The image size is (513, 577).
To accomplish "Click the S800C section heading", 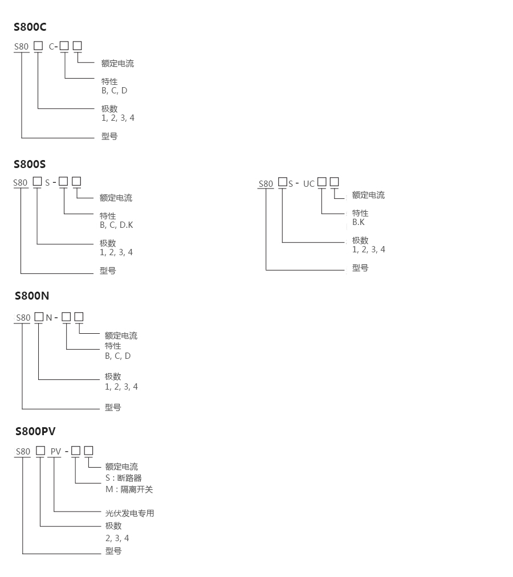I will point(30,27).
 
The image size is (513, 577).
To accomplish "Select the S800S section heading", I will point(30,164).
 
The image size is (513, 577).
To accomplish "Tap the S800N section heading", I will point(32,296).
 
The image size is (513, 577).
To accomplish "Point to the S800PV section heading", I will point(35,431).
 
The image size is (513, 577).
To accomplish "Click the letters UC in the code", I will point(308,183).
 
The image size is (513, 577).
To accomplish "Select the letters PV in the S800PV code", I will point(55,452).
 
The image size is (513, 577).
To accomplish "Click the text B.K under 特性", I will point(358,222).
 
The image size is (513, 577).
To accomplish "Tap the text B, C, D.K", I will point(116,225).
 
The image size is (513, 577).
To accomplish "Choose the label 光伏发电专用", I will point(129,513).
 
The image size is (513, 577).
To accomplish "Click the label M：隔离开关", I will point(129,489).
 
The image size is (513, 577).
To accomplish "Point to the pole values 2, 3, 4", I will point(117,538).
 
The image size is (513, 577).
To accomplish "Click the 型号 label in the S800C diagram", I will point(109,137).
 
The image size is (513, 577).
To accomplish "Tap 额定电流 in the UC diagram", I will point(368,195).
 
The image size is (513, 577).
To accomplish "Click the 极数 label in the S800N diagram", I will point(113,377).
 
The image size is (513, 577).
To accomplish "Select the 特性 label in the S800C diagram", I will point(109,81).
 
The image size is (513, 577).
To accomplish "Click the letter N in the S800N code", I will point(48,318).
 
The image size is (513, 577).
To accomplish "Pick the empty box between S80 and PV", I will point(40,451).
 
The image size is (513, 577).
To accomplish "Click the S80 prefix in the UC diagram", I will point(266,183).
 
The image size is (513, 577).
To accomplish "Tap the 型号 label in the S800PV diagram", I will point(113,551).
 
